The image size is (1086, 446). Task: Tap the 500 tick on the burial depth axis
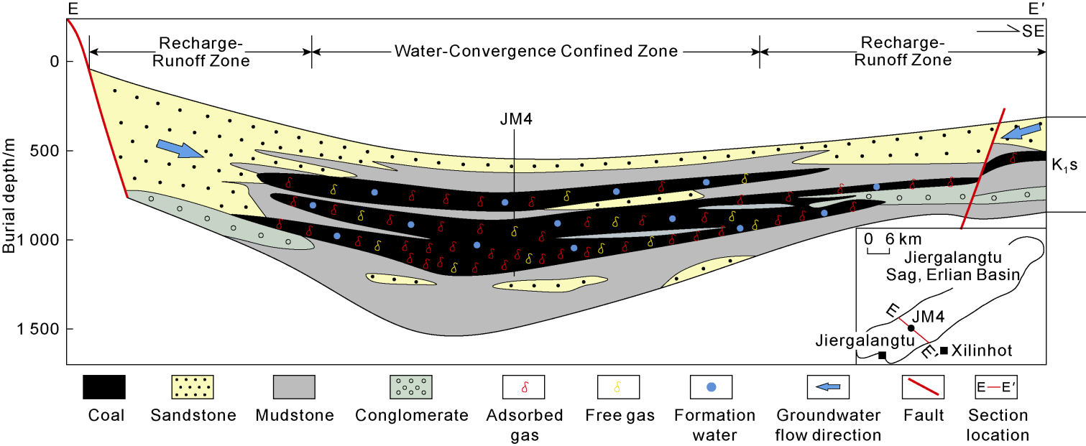pos(44,151)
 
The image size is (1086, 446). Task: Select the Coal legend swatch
pos(104,387)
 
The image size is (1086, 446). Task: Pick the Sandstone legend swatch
pos(189,387)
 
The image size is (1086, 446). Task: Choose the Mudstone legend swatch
pos(294,387)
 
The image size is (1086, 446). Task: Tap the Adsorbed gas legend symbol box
pos(524,387)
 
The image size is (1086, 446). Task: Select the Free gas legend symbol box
pos(619,387)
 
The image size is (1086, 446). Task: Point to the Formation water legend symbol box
pos(712,387)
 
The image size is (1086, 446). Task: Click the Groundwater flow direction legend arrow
pos(829,387)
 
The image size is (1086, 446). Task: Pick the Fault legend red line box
pos(923,387)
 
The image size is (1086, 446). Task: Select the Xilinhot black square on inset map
pos(944,350)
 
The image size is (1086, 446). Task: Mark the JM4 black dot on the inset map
pos(911,327)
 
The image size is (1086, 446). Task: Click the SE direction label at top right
pos(1032,32)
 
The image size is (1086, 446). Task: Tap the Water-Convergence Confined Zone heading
pos(535,52)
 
